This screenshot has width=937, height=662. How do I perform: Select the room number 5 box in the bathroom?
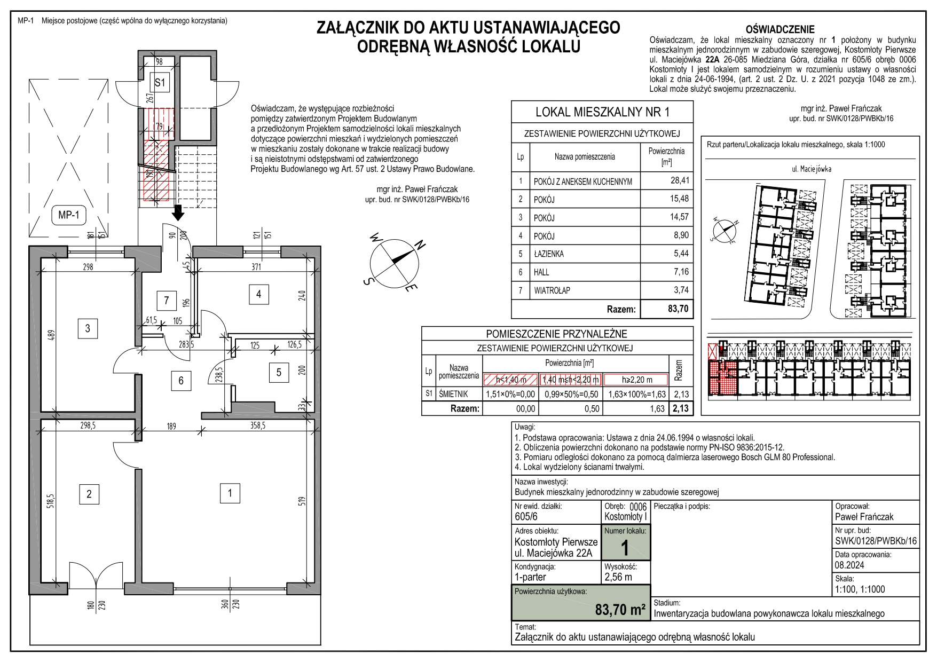pos(279,372)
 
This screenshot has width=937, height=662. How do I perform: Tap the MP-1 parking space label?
pos(68,216)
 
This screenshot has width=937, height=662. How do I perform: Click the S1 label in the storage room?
pos(160,83)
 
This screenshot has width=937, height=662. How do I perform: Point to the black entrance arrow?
pos(178,213)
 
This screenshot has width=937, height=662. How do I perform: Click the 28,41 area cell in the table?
pos(679,180)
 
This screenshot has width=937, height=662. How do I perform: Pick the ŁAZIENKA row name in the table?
pos(548,254)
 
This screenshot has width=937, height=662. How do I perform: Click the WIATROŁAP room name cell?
pos(552,290)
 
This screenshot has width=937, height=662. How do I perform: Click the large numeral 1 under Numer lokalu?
pos(625,548)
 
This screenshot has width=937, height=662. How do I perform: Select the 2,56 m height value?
pos(618,577)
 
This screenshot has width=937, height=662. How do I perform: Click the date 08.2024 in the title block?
pos(849,565)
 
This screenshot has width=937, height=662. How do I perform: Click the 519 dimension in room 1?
pos(302,502)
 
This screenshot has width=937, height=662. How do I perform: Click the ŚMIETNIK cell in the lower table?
pos(453,394)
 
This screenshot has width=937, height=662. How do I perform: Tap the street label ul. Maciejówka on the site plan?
pos(811,169)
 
